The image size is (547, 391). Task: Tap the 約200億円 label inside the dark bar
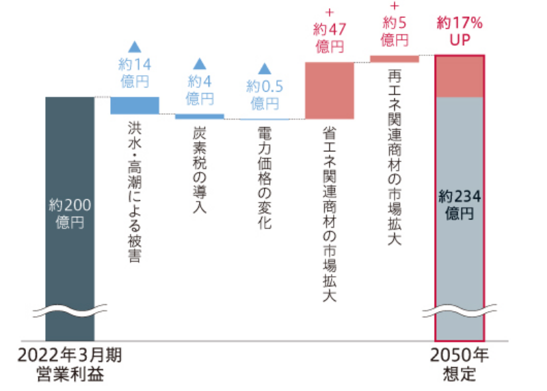(70, 213)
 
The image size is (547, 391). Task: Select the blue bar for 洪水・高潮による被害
(135, 105)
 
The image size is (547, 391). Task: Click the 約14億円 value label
(134, 72)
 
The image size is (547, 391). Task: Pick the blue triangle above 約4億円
(200, 64)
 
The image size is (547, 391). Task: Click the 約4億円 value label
(200, 90)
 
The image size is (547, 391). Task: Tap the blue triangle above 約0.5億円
(265, 68)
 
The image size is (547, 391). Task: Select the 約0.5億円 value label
(265, 94)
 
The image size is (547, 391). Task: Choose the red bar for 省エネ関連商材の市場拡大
(329, 90)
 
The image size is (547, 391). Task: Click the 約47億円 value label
(330, 38)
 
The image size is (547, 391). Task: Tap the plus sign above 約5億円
(394, 5)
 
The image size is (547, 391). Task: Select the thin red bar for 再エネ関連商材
(394, 59)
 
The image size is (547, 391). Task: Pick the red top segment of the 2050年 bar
(459, 77)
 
